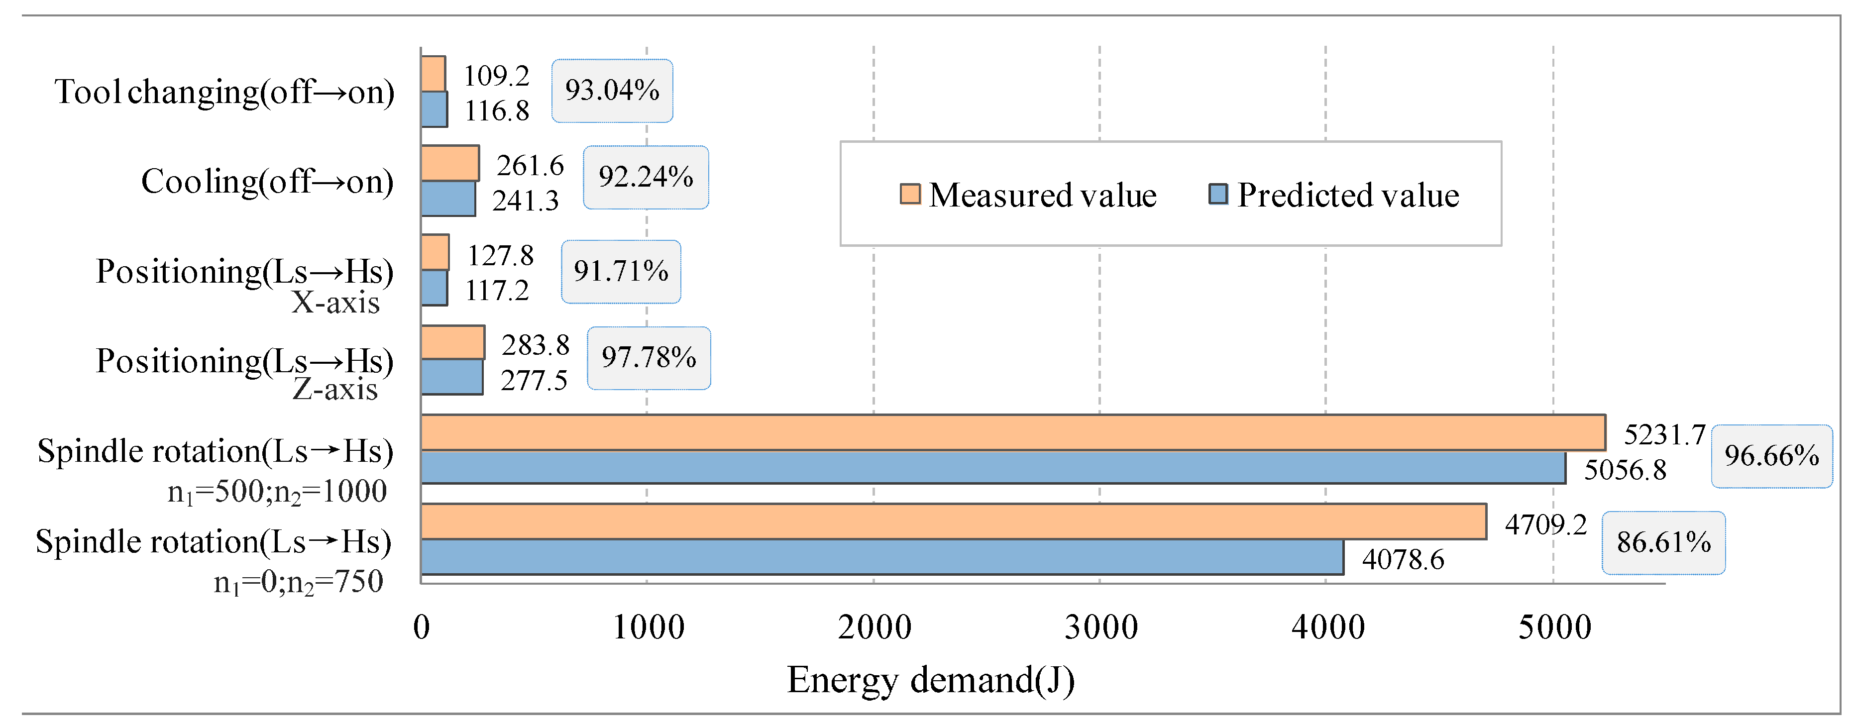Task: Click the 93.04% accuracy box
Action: point(612,91)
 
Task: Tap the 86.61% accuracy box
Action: point(1663,542)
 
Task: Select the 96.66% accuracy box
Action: point(1771,456)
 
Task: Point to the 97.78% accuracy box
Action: point(649,358)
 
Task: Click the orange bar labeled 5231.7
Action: point(1012,432)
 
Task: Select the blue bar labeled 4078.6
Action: point(882,557)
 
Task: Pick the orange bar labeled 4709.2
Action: point(953,521)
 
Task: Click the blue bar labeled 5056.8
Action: point(993,468)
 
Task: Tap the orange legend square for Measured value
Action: point(910,195)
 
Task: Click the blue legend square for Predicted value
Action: point(1217,195)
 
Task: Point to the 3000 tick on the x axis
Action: point(1100,627)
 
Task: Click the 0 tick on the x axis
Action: point(422,627)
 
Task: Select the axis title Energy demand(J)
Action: point(930,679)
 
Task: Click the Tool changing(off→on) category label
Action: point(224,92)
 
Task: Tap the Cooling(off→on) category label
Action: point(267,182)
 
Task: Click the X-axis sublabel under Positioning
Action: point(335,303)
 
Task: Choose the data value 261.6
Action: point(530,166)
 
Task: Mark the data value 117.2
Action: point(496,291)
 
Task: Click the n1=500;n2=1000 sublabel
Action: point(277,492)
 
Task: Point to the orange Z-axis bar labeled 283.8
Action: point(452,342)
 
